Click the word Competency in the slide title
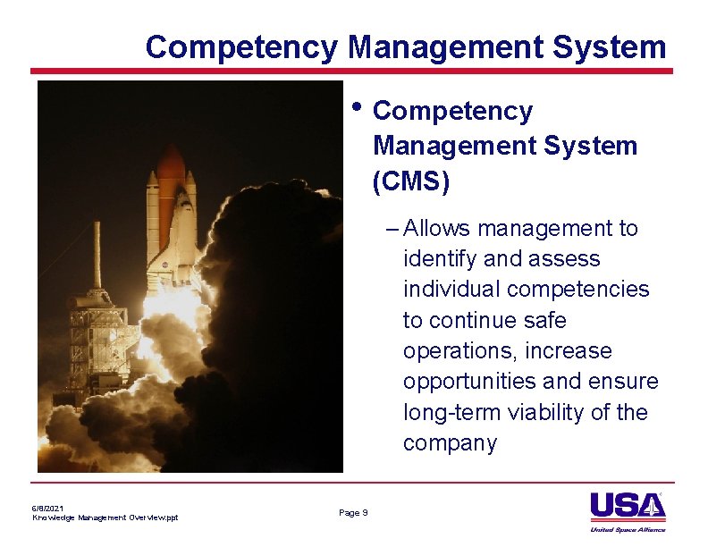[x=241, y=46]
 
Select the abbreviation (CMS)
[x=411, y=181]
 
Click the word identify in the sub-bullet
[x=437, y=259]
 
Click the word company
[x=450, y=443]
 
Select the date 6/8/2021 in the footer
[x=48, y=508]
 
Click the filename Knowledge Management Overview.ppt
[x=105, y=518]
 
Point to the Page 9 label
[x=353, y=512]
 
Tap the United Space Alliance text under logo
[x=628, y=529]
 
